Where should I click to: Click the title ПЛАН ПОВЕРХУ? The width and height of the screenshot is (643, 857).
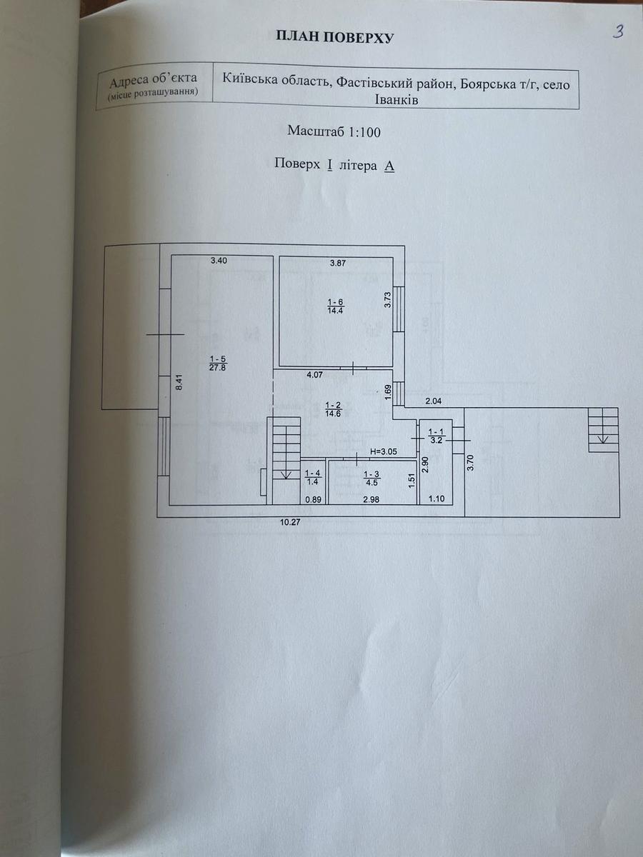335,37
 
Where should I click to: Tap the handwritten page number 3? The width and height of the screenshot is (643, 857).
619,31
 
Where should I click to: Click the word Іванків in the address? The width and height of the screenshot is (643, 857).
397,101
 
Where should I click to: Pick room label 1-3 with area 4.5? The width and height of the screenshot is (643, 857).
371,477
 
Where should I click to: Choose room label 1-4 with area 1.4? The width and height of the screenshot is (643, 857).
313,477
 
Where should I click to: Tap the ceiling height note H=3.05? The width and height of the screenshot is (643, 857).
383,452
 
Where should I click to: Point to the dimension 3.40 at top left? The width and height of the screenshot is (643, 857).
219,261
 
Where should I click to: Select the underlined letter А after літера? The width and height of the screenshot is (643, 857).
389,165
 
